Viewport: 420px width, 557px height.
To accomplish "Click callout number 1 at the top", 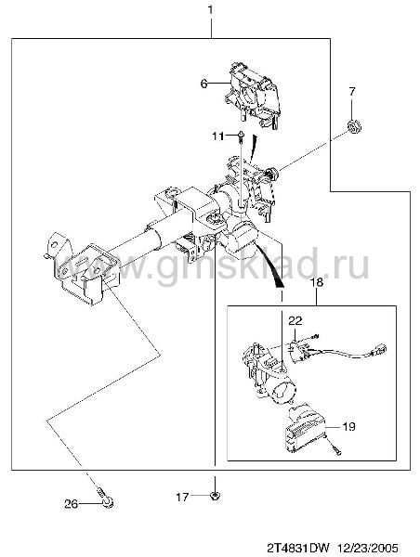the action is click(211, 9).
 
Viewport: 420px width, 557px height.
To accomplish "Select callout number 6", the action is click(203, 84).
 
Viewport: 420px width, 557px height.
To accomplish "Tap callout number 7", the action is click(352, 92).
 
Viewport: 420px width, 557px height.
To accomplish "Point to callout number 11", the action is click(218, 136).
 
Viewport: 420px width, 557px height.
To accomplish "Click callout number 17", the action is click(182, 497).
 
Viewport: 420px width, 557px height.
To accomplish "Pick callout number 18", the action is click(317, 282).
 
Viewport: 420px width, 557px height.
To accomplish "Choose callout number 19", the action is click(348, 426).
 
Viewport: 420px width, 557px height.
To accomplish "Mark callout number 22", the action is click(295, 321).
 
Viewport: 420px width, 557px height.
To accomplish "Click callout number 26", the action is click(72, 504).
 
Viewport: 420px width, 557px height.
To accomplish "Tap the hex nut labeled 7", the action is click(354, 126).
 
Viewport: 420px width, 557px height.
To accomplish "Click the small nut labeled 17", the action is click(215, 495).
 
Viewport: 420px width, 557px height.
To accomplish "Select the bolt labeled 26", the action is click(105, 499).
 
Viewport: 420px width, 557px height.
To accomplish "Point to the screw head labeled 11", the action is click(241, 134).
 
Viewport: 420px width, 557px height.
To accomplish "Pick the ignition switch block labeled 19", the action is click(306, 428).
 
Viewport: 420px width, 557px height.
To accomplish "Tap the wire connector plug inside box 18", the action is click(379, 350).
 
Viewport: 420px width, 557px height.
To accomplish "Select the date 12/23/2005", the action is click(368, 547).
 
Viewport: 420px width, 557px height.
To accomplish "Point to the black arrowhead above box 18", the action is click(279, 283).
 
